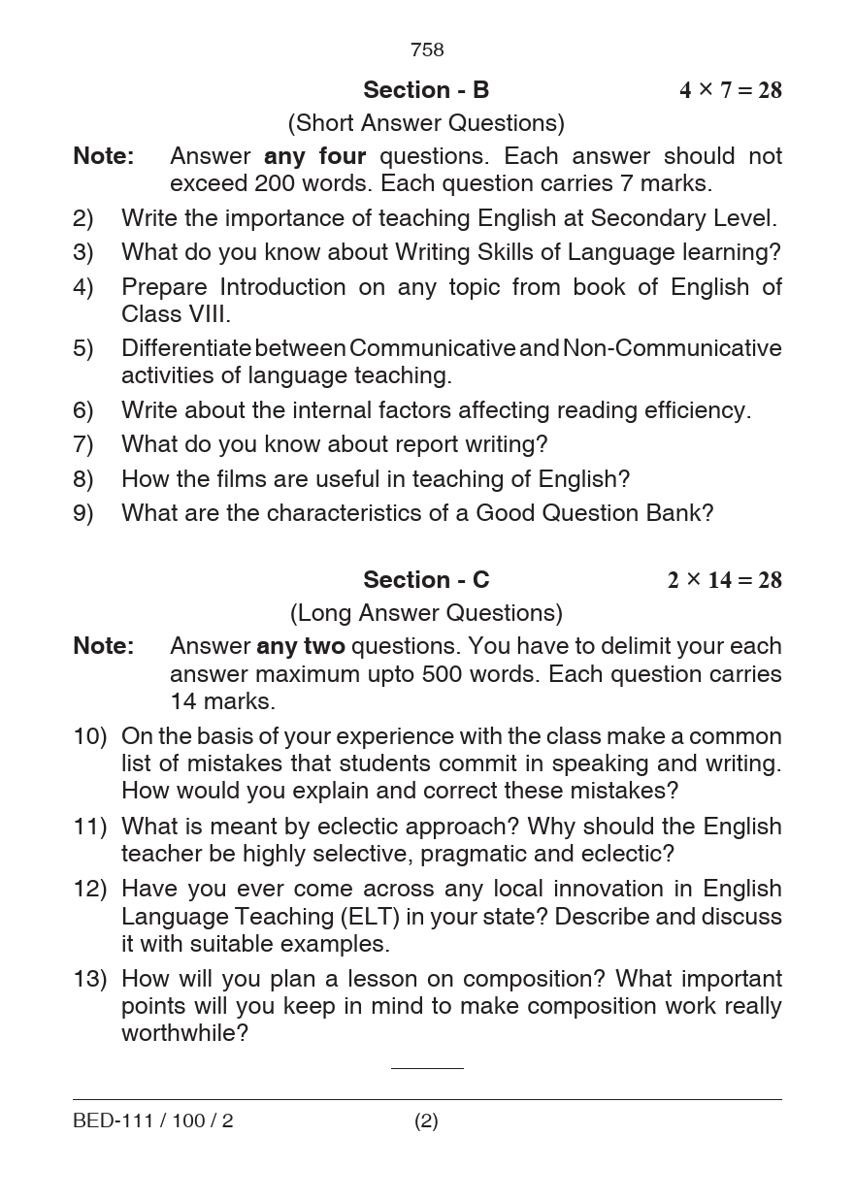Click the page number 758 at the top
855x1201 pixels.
[x=427, y=49]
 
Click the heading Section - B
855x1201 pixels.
[x=426, y=90]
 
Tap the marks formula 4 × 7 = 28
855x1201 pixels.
[x=730, y=90]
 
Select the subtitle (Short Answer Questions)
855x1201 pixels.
[x=426, y=123]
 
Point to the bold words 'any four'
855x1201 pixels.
[x=314, y=156]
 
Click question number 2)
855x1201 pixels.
[x=83, y=219]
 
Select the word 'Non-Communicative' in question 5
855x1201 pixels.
[x=672, y=348]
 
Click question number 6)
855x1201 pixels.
[x=83, y=410]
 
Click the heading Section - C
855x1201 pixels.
[x=426, y=580]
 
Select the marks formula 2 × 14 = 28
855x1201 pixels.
[x=724, y=580]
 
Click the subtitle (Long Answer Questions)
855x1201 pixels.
[x=426, y=613]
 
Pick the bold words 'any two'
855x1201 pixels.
[x=300, y=646]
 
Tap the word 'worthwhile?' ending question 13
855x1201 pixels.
[x=184, y=1033]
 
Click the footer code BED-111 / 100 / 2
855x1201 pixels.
[x=153, y=1121]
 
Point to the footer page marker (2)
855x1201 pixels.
[x=426, y=1121]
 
